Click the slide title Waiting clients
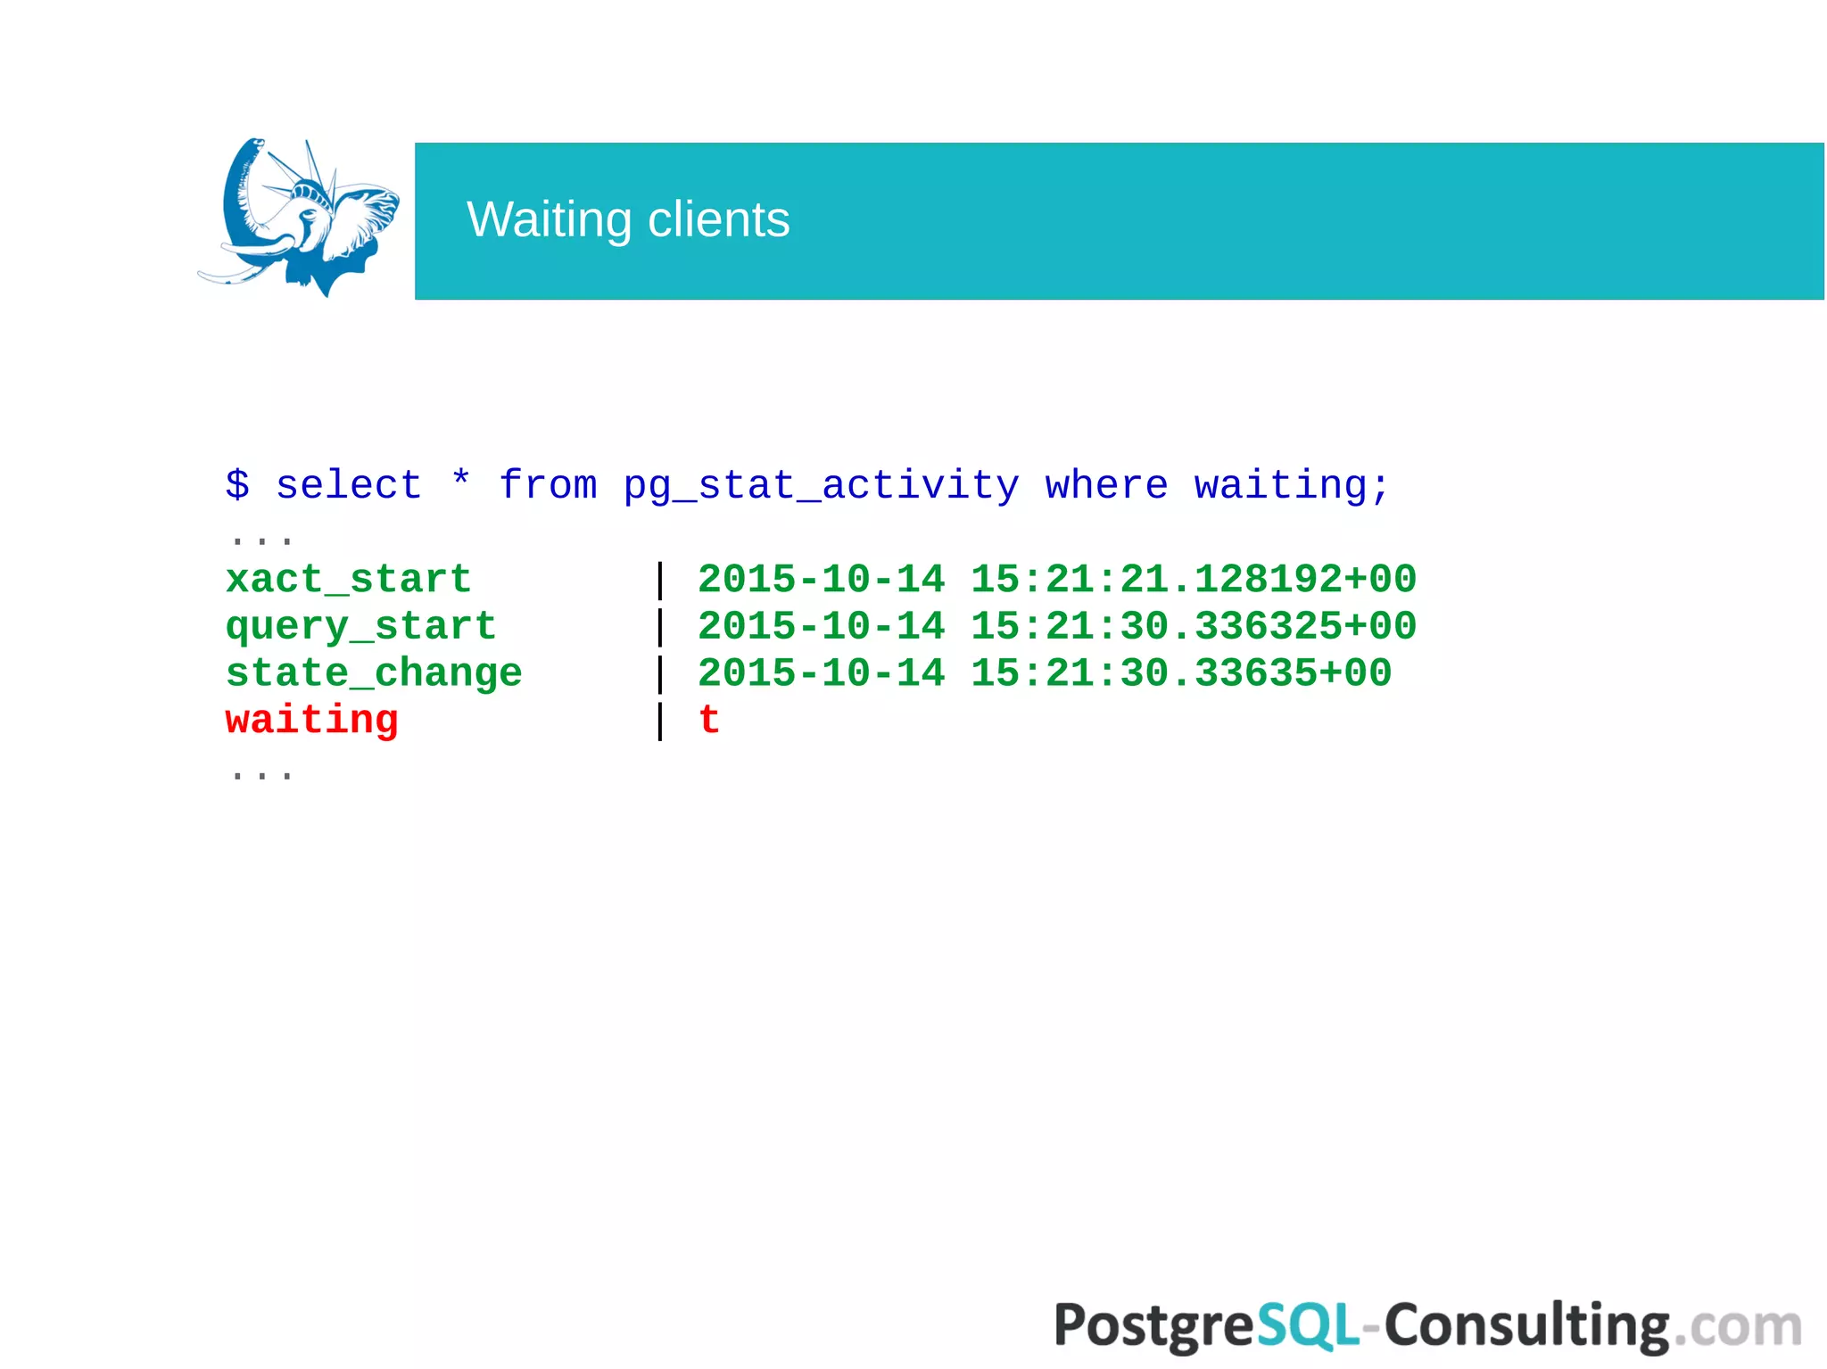[628, 219]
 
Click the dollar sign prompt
[237, 485]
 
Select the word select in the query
[349, 485]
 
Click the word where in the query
[1106, 485]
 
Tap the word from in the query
[548, 485]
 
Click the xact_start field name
[349, 580]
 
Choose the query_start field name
[361, 627]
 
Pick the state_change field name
[374, 674]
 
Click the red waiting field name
[312, 720]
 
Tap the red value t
[709, 720]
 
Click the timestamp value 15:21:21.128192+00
[1194, 580]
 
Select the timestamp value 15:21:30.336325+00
[1194, 626]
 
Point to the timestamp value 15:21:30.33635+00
[1181, 673]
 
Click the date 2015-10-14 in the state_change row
[821, 673]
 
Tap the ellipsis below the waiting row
[261, 774]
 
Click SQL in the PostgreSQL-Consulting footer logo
[1308, 1325]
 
